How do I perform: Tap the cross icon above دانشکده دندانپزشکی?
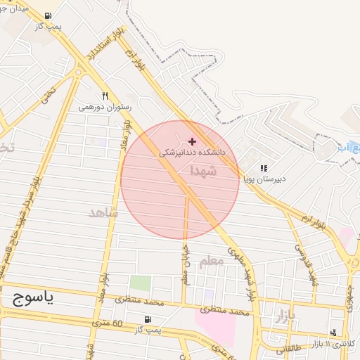(x=192, y=141)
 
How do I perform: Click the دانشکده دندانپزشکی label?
(x=192, y=152)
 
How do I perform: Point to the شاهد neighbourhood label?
(x=104, y=212)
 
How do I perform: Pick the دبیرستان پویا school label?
(x=264, y=179)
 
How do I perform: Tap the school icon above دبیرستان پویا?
(x=264, y=169)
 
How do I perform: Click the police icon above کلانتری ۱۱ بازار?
(x=333, y=333)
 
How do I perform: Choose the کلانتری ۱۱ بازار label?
(x=335, y=343)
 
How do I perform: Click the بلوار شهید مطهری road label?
(x=240, y=266)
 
